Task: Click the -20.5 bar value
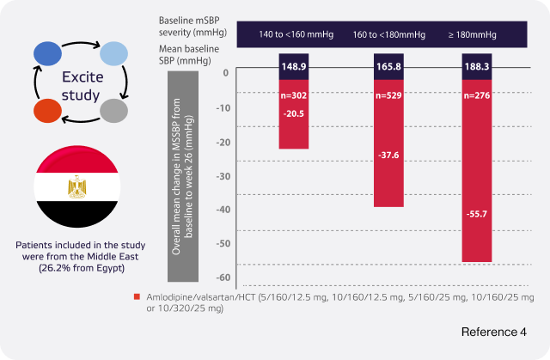coord(293,113)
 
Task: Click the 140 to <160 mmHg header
coord(293,34)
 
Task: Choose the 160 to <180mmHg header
coord(388,34)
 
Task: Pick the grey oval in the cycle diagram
coord(113,111)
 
